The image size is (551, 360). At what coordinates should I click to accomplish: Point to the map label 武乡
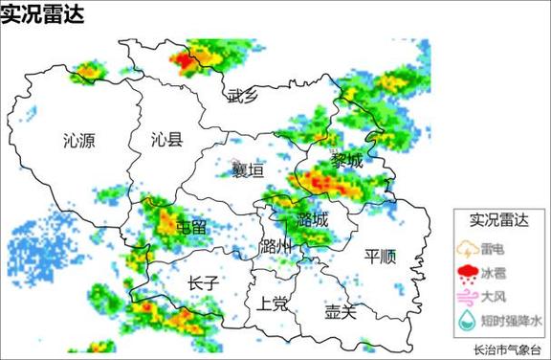(x=243, y=95)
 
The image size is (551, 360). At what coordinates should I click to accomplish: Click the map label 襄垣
(x=247, y=170)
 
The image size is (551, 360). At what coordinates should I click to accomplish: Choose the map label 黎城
(x=347, y=160)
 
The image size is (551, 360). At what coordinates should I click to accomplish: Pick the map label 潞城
(x=312, y=220)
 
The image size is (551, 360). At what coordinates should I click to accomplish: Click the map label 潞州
(x=275, y=246)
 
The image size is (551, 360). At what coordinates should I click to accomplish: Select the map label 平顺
(x=381, y=256)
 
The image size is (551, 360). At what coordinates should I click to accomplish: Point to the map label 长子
(x=204, y=282)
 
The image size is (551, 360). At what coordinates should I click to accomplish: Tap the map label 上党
(x=273, y=304)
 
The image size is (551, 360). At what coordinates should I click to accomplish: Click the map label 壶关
(x=340, y=310)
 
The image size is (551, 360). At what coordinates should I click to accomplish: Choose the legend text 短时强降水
(x=511, y=321)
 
